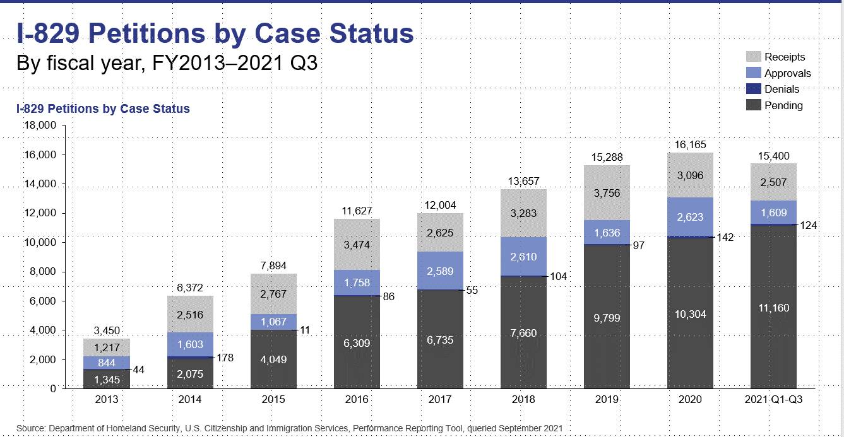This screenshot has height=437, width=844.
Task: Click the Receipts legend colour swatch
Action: click(x=754, y=57)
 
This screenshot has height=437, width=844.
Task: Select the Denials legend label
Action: click(x=782, y=90)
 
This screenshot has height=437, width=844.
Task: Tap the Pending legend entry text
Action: click(x=783, y=106)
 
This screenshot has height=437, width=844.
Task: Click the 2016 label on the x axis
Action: click(x=357, y=400)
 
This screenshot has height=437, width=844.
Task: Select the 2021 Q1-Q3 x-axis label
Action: click(x=773, y=400)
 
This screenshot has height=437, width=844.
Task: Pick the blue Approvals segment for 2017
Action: click(x=440, y=271)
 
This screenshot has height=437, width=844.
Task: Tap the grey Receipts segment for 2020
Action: click(x=690, y=175)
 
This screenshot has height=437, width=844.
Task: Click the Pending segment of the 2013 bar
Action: click(x=107, y=378)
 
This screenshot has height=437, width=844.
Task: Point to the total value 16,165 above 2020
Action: click(x=690, y=144)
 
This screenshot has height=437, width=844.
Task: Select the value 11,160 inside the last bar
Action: click(x=773, y=308)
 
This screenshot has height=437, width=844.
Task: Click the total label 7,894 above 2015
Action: click(x=273, y=265)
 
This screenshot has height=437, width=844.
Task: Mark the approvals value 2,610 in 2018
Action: click(x=523, y=257)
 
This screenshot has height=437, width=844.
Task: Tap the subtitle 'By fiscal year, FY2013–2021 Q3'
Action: click(x=167, y=64)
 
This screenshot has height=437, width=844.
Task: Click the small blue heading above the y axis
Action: click(x=103, y=109)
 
